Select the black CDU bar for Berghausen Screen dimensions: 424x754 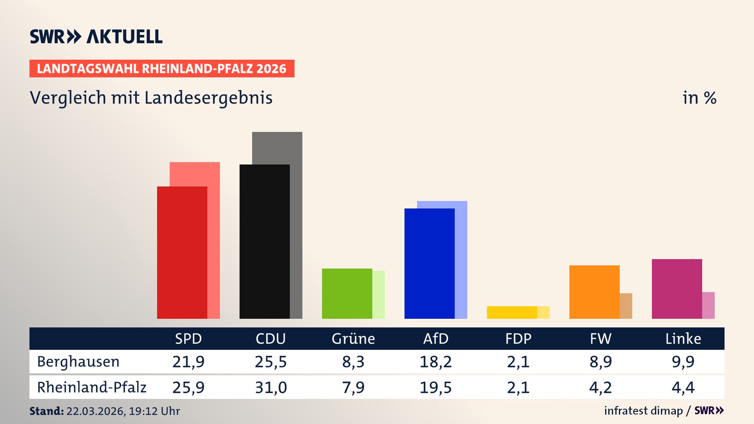point(264,241)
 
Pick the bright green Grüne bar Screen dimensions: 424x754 point(347,293)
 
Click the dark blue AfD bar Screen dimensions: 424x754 point(429,263)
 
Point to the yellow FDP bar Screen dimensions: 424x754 point(512,312)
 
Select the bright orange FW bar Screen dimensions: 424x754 point(594,292)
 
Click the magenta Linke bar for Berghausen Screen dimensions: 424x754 point(677,289)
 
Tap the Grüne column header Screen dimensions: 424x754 point(353,338)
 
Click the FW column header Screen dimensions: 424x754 point(600,338)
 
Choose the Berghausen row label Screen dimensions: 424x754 point(78,362)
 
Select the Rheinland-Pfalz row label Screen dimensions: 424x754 point(92,387)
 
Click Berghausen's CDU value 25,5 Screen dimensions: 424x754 point(271,362)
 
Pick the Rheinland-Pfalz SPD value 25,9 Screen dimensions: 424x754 point(188,387)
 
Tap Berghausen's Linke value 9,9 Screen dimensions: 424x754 point(683,362)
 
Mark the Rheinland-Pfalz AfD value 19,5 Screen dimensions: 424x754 point(436,387)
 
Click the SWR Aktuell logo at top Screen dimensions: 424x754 point(96,37)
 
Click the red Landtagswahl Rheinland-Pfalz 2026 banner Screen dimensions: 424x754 point(162,69)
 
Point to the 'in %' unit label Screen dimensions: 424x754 point(699,98)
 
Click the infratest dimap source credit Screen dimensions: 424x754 point(643,411)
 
